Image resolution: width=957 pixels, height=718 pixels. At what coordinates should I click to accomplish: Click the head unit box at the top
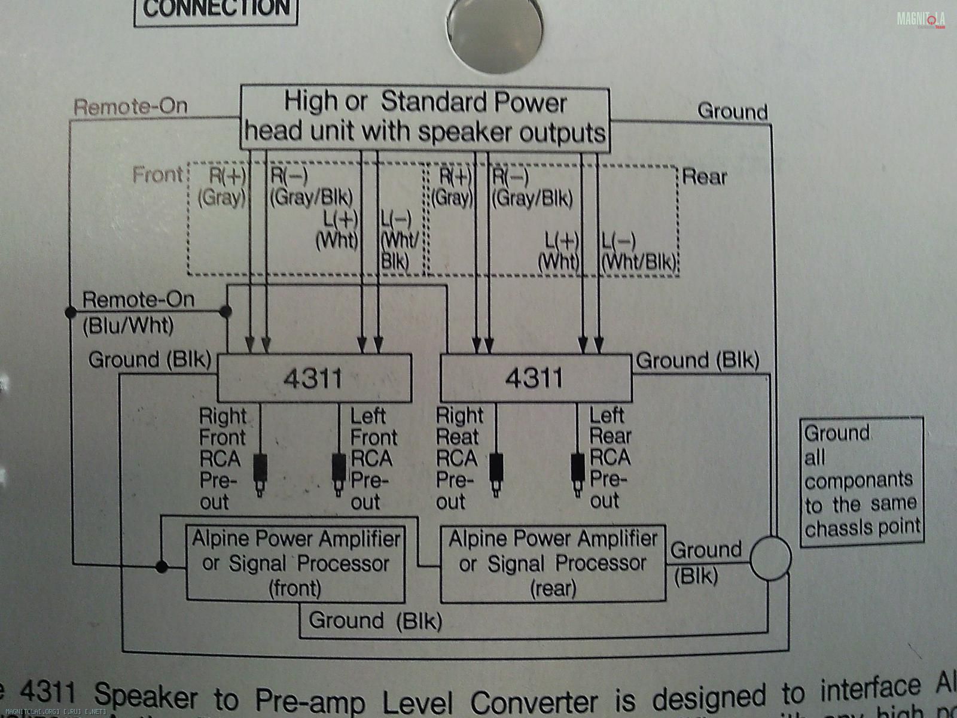pyautogui.click(x=425, y=118)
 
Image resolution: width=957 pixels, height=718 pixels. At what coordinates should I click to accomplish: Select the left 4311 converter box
pyautogui.click(x=314, y=378)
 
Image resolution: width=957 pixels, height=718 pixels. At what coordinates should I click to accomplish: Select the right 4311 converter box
pyautogui.click(x=535, y=378)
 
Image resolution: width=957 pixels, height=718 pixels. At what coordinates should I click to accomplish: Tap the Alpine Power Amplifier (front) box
pyautogui.click(x=295, y=564)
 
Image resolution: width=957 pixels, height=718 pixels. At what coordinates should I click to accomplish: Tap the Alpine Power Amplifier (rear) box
pyautogui.click(x=553, y=564)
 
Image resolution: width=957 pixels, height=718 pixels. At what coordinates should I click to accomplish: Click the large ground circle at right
pyautogui.click(x=770, y=558)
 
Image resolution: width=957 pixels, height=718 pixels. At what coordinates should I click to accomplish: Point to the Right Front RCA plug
pyautogui.click(x=261, y=473)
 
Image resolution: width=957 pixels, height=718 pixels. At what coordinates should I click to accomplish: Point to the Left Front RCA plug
pyautogui.click(x=339, y=473)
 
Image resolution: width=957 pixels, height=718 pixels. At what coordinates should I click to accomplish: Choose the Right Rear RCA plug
pyautogui.click(x=496, y=473)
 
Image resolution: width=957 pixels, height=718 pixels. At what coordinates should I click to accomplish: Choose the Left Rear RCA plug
pyautogui.click(x=578, y=473)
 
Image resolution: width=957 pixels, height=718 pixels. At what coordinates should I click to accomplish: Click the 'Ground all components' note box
pyautogui.click(x=861, y=480)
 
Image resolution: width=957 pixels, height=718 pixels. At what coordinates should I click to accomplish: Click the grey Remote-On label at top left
pyautogui.click(x=130, y=107)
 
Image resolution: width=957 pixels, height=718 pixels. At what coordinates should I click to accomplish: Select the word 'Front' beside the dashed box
pyautogui.click(x=157, y=175)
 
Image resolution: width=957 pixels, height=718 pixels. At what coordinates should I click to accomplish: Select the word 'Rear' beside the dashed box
pyautogui.click(x=704, y=177)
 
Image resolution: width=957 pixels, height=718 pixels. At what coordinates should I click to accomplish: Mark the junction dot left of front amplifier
pyautogui.click(x=161, y=566)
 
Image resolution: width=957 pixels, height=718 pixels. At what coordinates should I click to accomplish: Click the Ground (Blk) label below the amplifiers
pyautogui.click(x=375, y=620)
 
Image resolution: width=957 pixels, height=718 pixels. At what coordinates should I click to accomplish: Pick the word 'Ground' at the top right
pyautogui.click(x=732, y=111)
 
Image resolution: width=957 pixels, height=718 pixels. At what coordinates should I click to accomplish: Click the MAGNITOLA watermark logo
pyautogui.click(x=921, y=20)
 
